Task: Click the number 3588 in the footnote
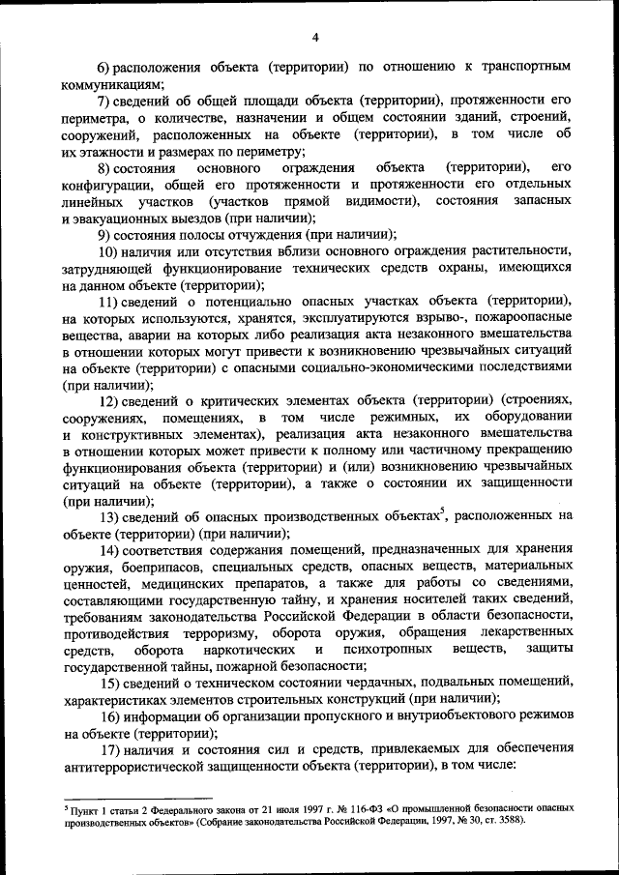(x=508, y=819)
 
